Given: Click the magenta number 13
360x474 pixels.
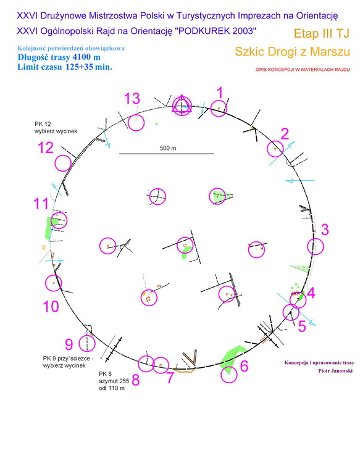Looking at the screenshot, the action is [132, 99].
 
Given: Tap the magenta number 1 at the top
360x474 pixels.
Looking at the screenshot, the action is [220, 93].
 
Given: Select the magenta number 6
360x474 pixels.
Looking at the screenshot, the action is [244, 366].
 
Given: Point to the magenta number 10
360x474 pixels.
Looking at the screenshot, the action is [51, 307].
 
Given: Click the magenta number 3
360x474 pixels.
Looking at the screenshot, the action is [325, 230].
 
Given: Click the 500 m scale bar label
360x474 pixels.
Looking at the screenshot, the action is [168, 148].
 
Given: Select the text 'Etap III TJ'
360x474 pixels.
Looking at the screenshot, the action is [322, 33].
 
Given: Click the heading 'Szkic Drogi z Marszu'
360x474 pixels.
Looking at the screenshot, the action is [293, 51].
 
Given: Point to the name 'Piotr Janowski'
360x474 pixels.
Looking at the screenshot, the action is [335, 371].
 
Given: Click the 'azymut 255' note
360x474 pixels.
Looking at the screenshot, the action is [114, 381].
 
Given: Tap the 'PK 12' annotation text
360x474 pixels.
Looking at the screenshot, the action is [43, 124].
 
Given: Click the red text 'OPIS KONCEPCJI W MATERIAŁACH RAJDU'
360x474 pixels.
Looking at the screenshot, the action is [303, 70].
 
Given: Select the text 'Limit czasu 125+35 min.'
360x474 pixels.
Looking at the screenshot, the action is [65, 67].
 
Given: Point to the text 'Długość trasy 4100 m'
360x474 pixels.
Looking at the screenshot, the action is [59, 57].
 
